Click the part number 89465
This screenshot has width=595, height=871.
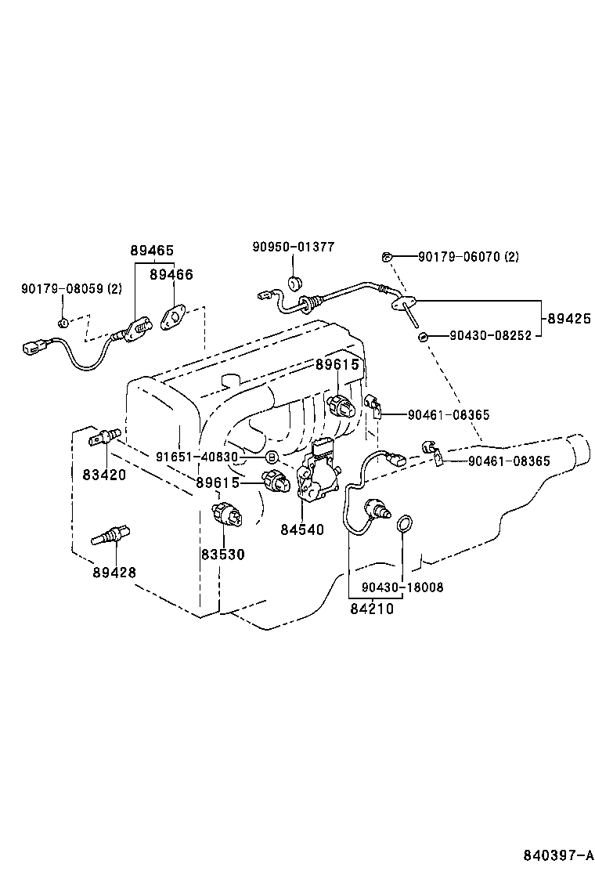(x=152, y=251)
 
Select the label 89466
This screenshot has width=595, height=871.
(x=171, y=274)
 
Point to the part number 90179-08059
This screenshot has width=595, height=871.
(x=71, y=289)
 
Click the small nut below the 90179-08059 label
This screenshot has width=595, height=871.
(x=65, y=322)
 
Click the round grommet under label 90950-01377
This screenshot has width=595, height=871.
(x=295, y=283)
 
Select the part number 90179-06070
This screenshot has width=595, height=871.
(x=467, y=256)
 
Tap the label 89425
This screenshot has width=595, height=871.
(x=569, y=319)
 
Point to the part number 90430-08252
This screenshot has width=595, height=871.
(x=491, y=335)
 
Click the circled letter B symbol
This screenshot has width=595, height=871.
(x=272, y=457)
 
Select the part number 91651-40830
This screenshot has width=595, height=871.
(x=196, y=457)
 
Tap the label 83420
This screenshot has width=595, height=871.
(x=104, y=475)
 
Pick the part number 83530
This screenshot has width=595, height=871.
(x=222, y=555)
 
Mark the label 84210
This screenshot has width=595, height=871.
(x=372, y=607)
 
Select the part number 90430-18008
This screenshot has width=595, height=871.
(x=402, y=587)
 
